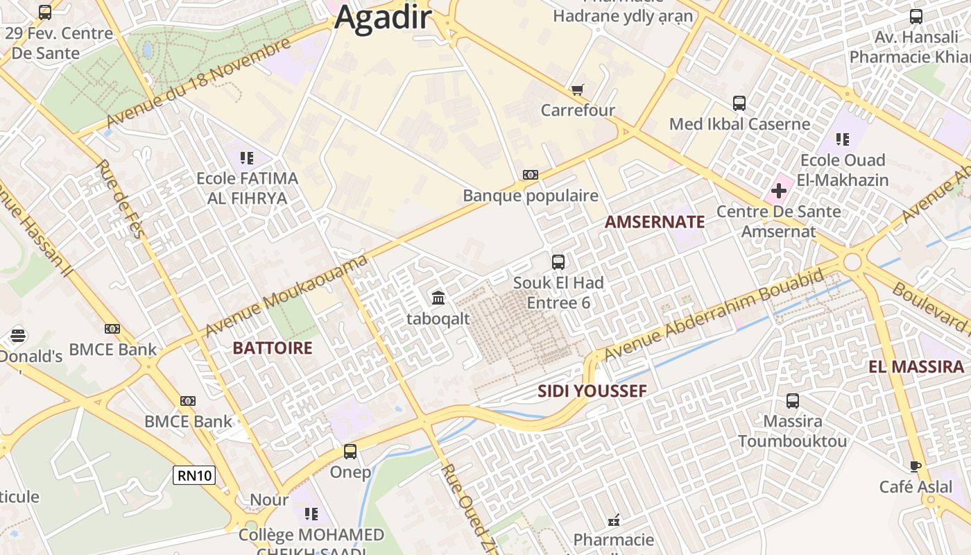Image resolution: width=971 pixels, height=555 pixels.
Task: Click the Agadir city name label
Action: pyautogui.click(x=383, y=17)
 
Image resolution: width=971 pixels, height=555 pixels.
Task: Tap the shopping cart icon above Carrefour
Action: pyautogui.click(x=577, y=89)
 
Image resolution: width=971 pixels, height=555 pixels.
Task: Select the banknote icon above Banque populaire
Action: pyautogui.click(x=531, y=175)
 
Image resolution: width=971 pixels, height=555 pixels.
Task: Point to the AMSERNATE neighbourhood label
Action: pyautogui.click(x=654, y=222)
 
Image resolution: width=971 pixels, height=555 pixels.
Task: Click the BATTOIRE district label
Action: pyautogui.click(x=273, y=348)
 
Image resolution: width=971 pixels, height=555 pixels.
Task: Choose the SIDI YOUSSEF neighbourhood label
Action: pyautogui.click(x=592, y=391)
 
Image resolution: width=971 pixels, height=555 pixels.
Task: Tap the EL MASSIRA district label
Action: pyautogui.click(x=916, y=367)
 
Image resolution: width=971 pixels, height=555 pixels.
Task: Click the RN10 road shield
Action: pyautogui.click(x=194, y=475)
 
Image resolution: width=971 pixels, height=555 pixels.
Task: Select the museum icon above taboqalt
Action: pyautogui.click(x=438, y=298)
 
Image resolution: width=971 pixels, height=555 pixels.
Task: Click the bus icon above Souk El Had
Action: pyautogui.click(x=558, y=262)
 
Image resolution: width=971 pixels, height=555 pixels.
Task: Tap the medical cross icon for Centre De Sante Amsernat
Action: pyautogui.click(x=779, y=190)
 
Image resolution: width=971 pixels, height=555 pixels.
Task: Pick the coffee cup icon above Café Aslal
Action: pyautogui.click(x=916, y=466)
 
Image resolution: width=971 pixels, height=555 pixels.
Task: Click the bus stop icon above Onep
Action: pyautogui.click(x=350, y=452)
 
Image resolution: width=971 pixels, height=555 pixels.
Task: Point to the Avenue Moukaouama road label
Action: pyautogui.click(x=286, y=296)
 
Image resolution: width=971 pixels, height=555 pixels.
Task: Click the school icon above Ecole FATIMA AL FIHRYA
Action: pyautogui.click(x=247, y=157)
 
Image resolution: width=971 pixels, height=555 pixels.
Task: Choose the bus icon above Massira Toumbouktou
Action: pyautogui.click(x=792, y=400)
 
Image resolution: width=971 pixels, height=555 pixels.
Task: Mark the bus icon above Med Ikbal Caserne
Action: pyautogui.click(x=739, y=103)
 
